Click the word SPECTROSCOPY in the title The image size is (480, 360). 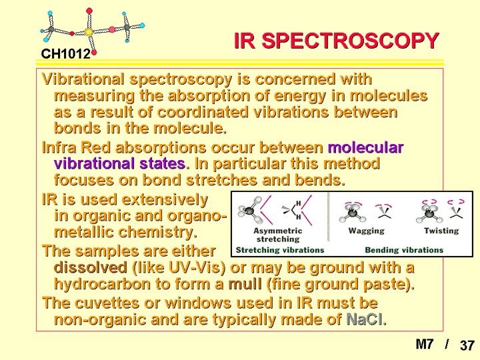tap(350, 41)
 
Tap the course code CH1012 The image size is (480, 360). tap(66, 54)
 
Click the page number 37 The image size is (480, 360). tap(467, 345)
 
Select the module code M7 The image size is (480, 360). tap(425, 344)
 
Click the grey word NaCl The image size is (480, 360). tap(365, 319)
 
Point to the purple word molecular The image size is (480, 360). tap(365, 147)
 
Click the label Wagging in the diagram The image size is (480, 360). tap(367, 231)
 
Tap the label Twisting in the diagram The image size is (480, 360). tap(441, 231)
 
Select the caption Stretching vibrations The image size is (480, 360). tap(280, 250)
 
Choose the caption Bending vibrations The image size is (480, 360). tap(404, 250)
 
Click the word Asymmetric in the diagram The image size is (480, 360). tap(277, 231)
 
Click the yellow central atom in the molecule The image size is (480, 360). tap(89, 32)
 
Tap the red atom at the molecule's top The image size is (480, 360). tap(89, 11)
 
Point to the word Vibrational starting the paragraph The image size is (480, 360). tap(83, 79)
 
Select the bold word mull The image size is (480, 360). tap(245, 284)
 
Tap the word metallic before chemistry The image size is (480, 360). tap(84, 232)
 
